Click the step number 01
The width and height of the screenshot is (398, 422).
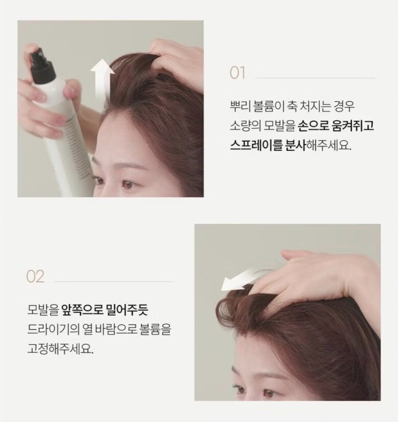point(237,73)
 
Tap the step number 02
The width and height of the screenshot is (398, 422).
point(35,277)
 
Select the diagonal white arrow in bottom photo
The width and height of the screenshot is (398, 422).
point(241,279)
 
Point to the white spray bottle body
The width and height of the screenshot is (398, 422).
point(63,139)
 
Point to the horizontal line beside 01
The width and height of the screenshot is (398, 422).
point(316,78)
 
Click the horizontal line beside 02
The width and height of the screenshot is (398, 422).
point(114,281)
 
